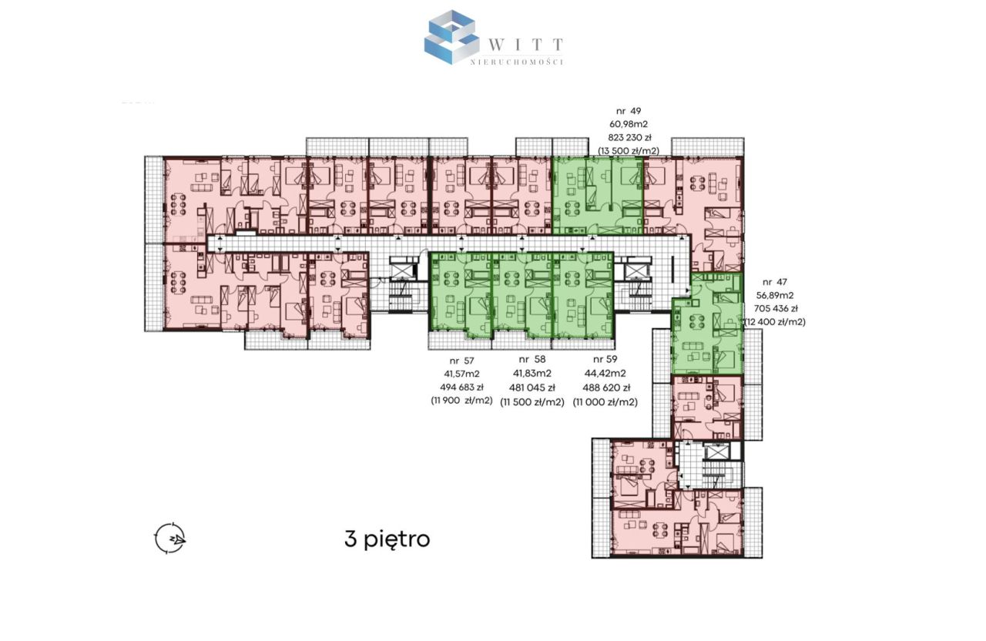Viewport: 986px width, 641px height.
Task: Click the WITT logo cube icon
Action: (451, 37)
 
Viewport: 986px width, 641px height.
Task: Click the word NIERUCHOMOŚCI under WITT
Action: (517, 62)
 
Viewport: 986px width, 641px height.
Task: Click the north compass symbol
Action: (170, 538)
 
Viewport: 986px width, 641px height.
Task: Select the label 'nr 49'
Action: (628, 111)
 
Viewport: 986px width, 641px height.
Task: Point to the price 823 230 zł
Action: (629, 137)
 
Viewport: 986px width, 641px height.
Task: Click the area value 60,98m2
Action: (629, 124)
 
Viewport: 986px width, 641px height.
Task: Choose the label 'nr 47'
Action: (774, 282)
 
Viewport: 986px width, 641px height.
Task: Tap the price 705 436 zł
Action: (776, 309)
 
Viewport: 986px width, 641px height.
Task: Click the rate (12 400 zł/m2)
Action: (775, 322)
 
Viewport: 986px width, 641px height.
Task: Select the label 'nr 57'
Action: (461, 361)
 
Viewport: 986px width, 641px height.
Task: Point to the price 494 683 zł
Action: (461, 388)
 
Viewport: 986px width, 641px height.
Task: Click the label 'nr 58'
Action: (532, 360)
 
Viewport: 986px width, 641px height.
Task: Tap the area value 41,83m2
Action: (532, 374)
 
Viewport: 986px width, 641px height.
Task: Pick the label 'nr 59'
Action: (605, 359)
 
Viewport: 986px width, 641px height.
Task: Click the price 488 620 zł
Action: (606, 388)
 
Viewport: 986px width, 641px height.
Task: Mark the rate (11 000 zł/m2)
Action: (605, 402)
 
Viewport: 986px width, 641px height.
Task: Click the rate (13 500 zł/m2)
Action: (629, 151)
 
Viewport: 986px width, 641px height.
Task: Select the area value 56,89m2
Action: (775, 295)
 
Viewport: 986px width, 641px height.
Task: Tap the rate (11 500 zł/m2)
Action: (532, 402)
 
